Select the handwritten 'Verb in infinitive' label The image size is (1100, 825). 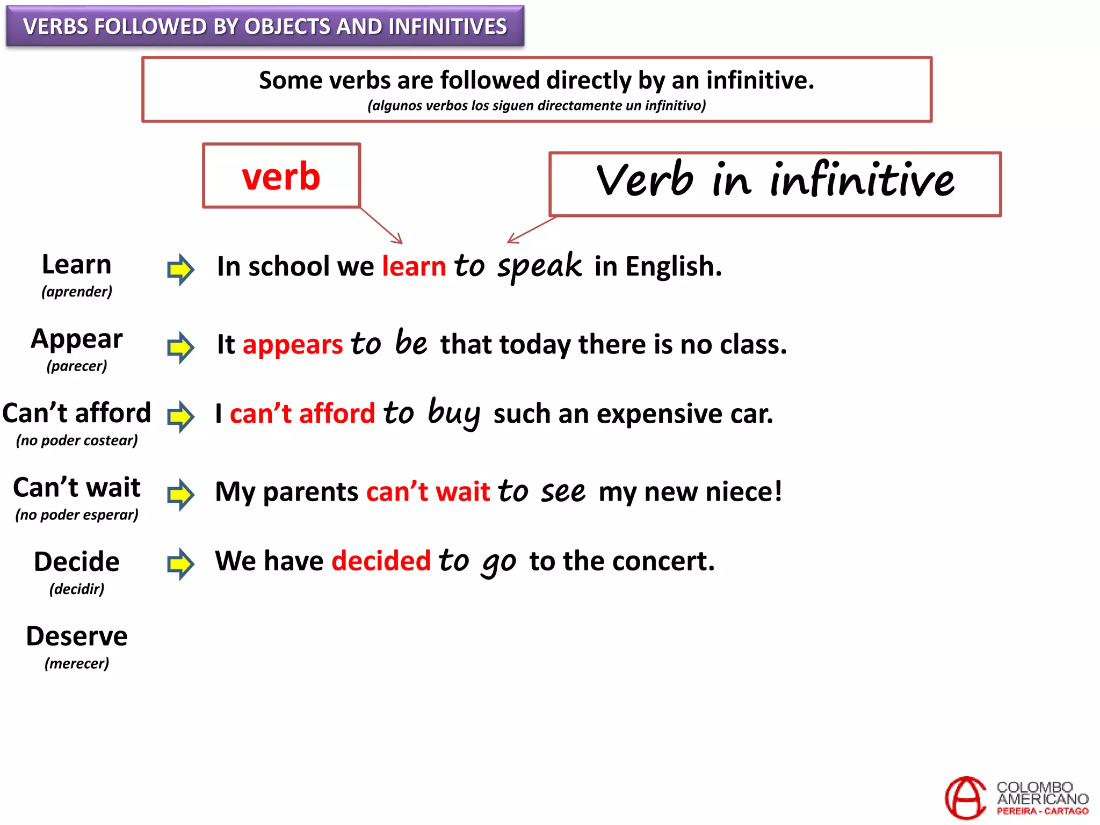pos(775,180)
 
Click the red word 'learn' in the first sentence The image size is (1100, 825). pos(414,266)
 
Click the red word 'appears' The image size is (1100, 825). pos(293,344)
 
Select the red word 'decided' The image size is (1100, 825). pos(381,561)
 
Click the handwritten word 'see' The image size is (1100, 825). pos(563,491)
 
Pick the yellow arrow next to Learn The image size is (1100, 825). pos(180,269)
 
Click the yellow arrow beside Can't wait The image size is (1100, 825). pos(180,494)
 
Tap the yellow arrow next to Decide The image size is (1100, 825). pos(180,563)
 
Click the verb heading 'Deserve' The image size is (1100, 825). pos(77,636)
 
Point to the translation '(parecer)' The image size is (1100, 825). pos(77,366)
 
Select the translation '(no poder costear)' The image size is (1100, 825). pos(77,440)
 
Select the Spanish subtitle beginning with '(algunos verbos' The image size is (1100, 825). pos(537,105)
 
